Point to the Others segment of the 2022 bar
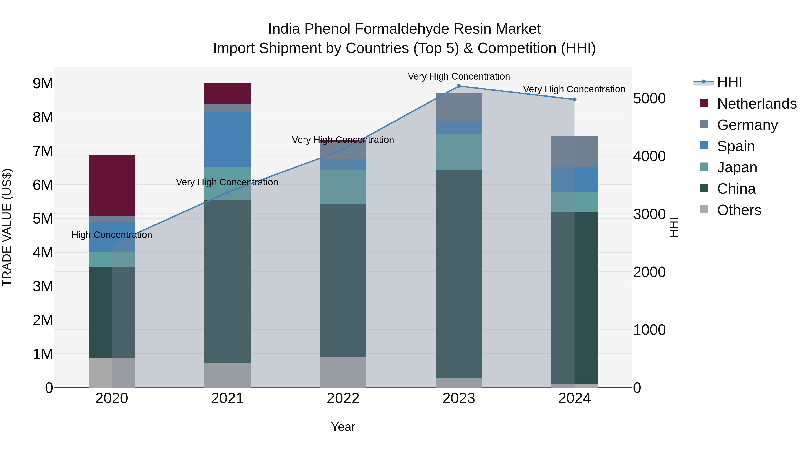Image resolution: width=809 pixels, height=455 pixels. tap(343, 372)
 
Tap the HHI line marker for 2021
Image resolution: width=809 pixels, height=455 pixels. tap(227, 192)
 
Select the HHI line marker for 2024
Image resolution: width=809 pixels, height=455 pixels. tap(574, 99)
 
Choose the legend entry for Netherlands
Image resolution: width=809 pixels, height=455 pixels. tap(757, 103)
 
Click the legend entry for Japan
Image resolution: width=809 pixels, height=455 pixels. tap(737, 167)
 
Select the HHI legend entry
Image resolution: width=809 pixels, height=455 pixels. tap(729, 82)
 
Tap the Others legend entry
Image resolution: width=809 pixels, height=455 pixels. tap(739, 210)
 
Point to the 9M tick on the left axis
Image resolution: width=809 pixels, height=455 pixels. tap(43, 84)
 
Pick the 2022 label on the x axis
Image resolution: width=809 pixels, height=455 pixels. tap(343, 398)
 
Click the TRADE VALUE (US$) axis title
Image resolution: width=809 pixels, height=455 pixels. tap(7, 227)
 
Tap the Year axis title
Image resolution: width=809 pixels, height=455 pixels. tap(343, 427)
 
